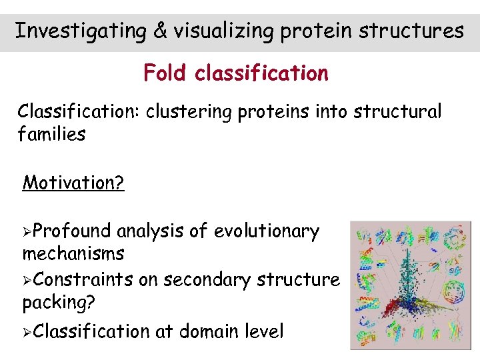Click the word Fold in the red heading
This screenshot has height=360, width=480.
[x=166, y=73]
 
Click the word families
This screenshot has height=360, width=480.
[x=51, y=134]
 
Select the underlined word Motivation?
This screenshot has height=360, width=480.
[x=73, y=182]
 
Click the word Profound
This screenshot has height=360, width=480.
[x=71, y=231]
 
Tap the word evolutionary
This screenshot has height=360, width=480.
[x=266, y=231]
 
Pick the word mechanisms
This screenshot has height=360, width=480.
[x=73, y=253]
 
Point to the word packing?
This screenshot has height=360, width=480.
[x=59, y=302]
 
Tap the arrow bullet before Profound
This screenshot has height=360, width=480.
[x=27, y=231]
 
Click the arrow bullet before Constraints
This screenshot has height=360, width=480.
[x=27, y=280]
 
